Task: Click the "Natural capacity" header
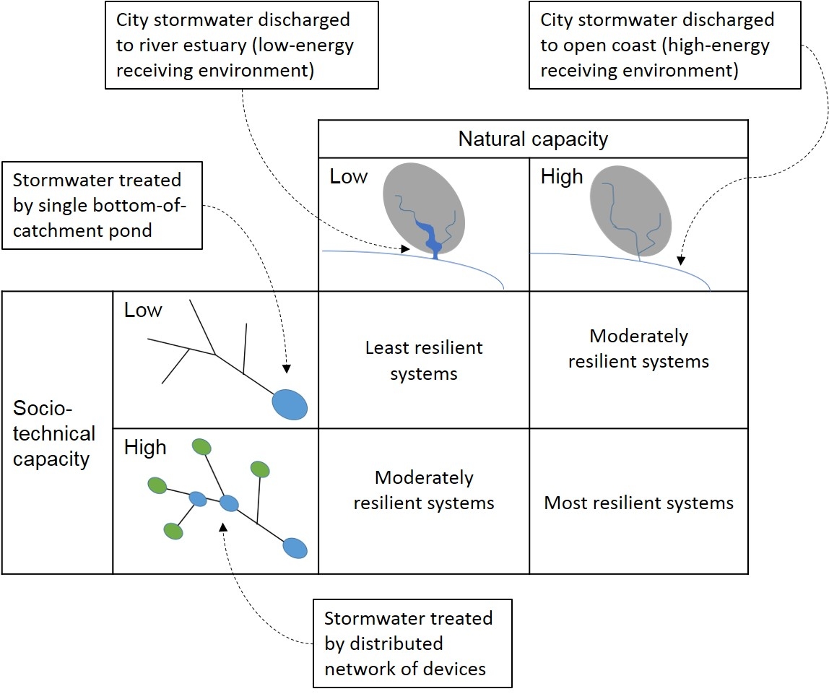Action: tap(533, 139)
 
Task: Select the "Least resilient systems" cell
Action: tap(424, 360)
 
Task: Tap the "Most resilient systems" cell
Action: tap(638, 503)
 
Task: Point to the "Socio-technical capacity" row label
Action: tap(54, 433)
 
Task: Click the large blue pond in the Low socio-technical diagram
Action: tap(290, 404)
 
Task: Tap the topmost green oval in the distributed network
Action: tap(201, 447)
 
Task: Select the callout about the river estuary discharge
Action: tap(242, 45)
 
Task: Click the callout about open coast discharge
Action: tap(664, 45)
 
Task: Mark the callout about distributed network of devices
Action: tap(412, 643)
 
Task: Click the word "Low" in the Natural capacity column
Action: tap(349, 177)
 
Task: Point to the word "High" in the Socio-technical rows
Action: tap(145, 448)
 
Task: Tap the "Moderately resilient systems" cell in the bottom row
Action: tap(424, 490)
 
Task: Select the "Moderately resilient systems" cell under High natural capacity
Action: tap(638, 348)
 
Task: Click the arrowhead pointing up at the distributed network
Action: tap(223, 527)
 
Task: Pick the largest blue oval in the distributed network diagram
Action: tap(294, 547)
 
